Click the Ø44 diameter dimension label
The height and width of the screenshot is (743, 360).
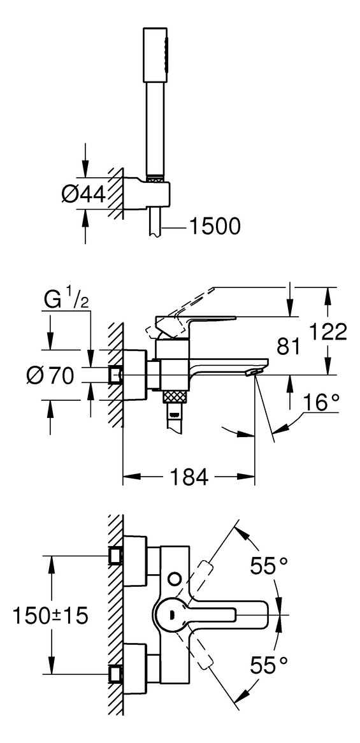click(83, 195)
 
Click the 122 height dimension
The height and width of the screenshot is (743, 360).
click(329, 331)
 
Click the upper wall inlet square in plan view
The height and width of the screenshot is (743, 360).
click(115, 556)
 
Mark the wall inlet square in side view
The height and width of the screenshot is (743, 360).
click(115, 375)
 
